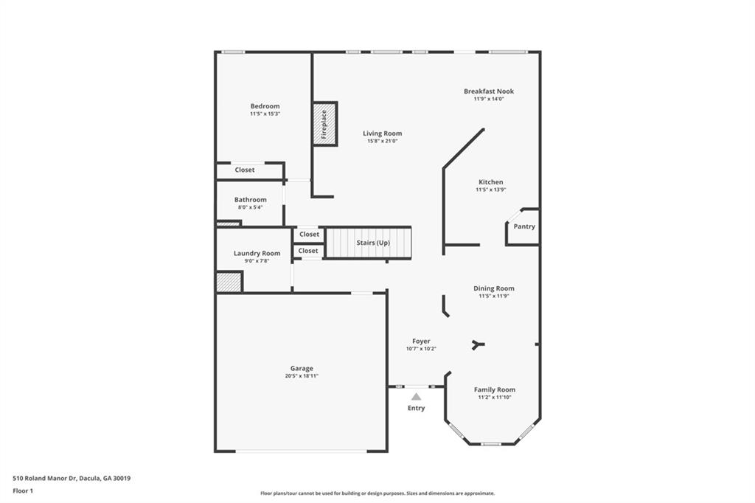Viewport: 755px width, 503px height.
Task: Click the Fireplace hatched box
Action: [324, 124]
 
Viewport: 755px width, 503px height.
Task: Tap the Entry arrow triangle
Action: [417, 397]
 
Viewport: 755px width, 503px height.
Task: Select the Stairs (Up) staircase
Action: [369, 243]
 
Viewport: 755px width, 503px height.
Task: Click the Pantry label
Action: [524, 226]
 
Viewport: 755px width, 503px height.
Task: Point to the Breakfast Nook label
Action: [489, 91]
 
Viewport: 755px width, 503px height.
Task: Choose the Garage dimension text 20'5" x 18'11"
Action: [302, 376]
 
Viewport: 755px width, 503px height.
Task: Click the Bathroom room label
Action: [251, 199]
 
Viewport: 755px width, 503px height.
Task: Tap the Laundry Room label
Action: [257, 253]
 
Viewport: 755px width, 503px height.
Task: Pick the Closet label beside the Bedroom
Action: [245, 170]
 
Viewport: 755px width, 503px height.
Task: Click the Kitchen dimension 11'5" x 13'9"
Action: [490, 190]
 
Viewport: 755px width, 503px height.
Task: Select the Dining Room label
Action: [493, 288]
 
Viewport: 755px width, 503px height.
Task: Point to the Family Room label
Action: [495, 389]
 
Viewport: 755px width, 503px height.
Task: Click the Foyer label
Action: [421, 341]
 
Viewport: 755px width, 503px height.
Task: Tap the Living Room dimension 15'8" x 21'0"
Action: [383, 141]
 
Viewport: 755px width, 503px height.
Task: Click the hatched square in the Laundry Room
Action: [229, 282]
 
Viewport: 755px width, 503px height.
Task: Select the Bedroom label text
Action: [265, 106]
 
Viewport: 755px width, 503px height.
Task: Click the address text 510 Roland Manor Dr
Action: [45, 479]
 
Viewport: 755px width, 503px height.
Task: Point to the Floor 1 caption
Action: [23, 491]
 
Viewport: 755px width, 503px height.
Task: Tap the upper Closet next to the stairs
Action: [309, 234]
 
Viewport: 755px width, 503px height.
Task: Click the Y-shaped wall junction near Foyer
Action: [478, 344]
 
